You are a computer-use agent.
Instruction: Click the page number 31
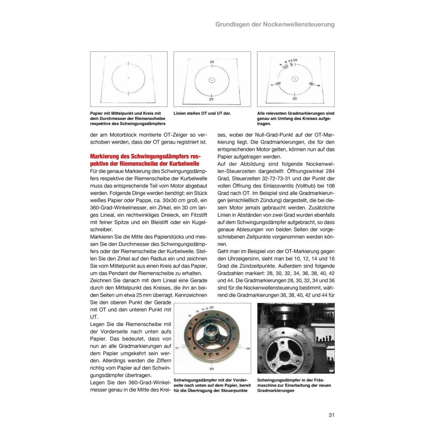tap(331, 415)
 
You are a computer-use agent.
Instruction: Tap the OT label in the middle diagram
tap(212, 62)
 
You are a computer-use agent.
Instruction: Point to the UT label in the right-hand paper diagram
tap(295, 99)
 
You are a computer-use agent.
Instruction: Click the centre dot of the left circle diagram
tap(128, 78)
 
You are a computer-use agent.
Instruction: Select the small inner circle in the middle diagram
tap(212, 80)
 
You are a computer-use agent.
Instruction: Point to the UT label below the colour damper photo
tap(212, 369)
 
